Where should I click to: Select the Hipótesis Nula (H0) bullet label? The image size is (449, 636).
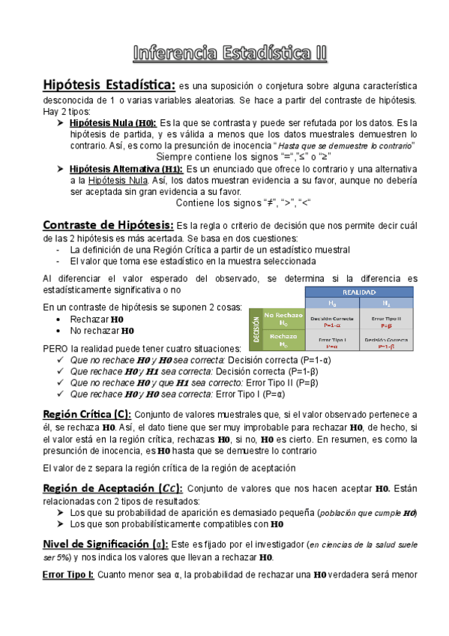[112, 122]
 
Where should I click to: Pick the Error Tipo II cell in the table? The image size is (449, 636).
[387, 321]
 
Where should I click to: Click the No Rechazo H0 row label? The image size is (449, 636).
[283, 319]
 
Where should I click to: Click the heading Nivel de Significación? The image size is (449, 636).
[106, 543]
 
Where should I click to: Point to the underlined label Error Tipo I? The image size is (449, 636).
[68, 575]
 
